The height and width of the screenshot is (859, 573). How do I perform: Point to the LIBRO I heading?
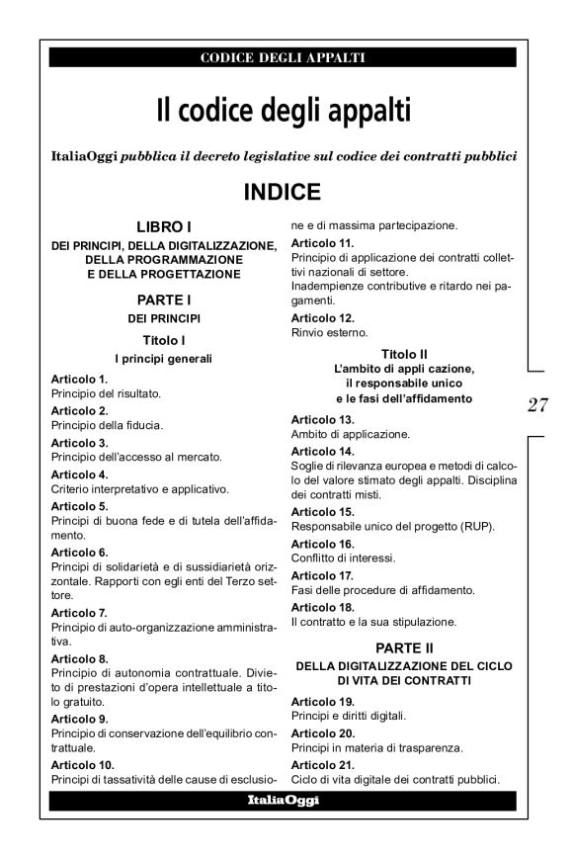pyautogui.click(x=163, y=227)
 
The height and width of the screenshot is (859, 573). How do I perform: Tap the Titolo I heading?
pyautogui.click(x=163, y=339)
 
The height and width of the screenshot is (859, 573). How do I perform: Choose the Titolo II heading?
pyautogui.click(x=407, y=354)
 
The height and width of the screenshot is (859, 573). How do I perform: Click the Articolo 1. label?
pyautogui.click(x=79, y=379)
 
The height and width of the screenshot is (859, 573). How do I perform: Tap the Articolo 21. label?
pyautogui.click(x=322, y=765)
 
